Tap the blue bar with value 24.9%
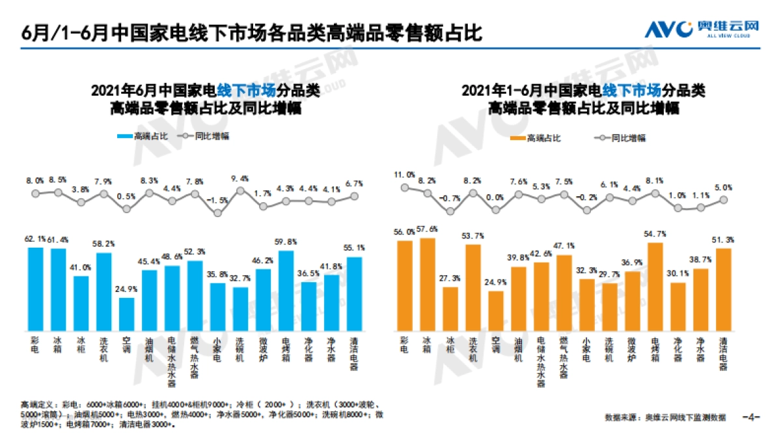point(127,315)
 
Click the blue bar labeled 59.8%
point(286,291)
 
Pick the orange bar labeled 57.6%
point(428,285)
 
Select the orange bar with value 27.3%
point(450,309)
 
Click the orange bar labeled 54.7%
point(655,287)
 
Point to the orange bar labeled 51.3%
point(724,290)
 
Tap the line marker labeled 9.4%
point(241,191)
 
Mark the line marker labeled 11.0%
point(405,187)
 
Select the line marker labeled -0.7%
point(450,211)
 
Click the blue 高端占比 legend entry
point(142,136)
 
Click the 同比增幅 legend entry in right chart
point(618,138)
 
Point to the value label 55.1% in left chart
point(354,248)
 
